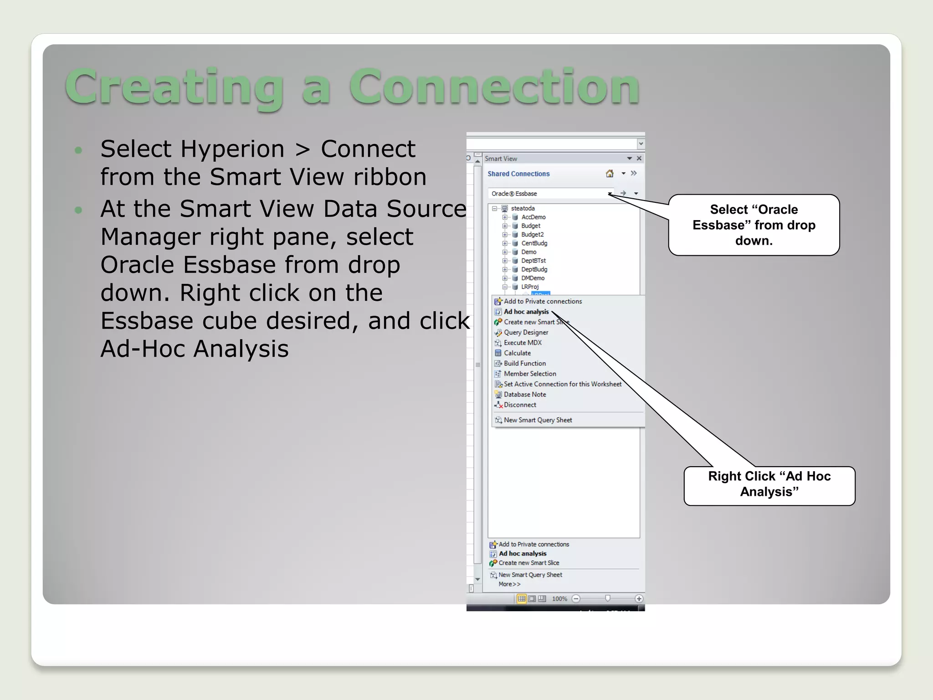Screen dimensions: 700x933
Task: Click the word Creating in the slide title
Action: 174,87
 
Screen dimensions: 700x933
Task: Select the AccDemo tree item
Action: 533,217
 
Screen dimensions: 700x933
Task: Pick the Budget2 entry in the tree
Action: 532,235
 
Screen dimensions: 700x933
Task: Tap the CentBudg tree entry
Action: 534,243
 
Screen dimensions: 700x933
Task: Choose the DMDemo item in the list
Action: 533,278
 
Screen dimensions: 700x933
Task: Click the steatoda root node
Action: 523,208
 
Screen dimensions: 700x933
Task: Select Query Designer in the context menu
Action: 526,333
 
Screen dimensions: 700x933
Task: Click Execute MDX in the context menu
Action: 523,343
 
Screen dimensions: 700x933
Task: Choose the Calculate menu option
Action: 517,353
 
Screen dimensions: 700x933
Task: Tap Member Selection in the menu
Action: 530,374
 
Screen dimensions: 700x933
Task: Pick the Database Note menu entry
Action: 525,395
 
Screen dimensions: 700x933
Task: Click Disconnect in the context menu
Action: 520,405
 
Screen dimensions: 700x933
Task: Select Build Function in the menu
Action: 524,364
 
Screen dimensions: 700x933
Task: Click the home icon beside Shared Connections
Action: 610,174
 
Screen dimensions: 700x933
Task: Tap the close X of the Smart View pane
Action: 639,159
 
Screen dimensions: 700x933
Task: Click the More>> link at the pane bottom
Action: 509,584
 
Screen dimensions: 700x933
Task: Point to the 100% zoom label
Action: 559,599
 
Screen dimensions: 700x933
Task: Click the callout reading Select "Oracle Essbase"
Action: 754,225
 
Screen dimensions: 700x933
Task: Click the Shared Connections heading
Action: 518,174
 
